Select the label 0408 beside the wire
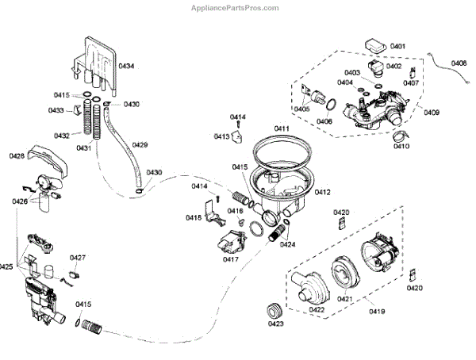click(x=459, y=63)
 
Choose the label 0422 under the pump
click(x=316, y=309)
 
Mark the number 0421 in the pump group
click(x=344, y=298)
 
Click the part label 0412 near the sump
click(x=323, y=192)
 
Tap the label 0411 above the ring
click(x=282, y=128)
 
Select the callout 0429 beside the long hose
click(x=140, y=144)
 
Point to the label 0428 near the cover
click(x=17, y=155)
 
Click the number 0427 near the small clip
click(x=78, y=257)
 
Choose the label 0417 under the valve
click(x=231, y=259)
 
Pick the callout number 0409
click(x=432, y=113)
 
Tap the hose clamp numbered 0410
click(x=397, y=142)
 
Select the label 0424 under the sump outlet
click(x=287, y=244)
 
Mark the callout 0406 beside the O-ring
click(x=324, y=121)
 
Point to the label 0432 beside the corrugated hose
click(x=62, y=136)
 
